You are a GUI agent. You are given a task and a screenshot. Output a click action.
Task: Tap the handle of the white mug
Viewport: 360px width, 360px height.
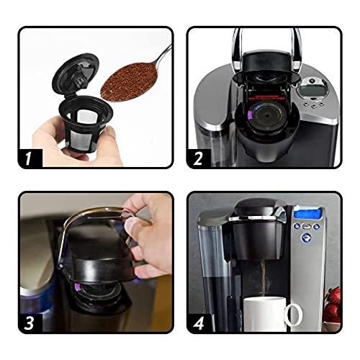coord(292,315)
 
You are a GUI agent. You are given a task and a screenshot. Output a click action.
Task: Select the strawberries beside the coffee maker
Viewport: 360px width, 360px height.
coord(333,306)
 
